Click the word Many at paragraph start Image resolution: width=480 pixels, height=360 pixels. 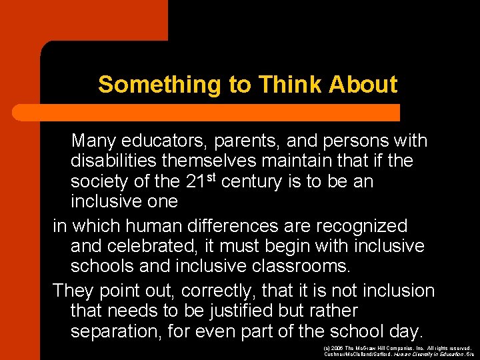pyautogui.click(x=93, y=141)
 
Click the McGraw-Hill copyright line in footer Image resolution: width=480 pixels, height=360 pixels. pyautogui.click(x=397, y=348)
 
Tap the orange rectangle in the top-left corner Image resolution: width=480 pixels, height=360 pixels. pyautogui.click(x=83, y=20)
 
